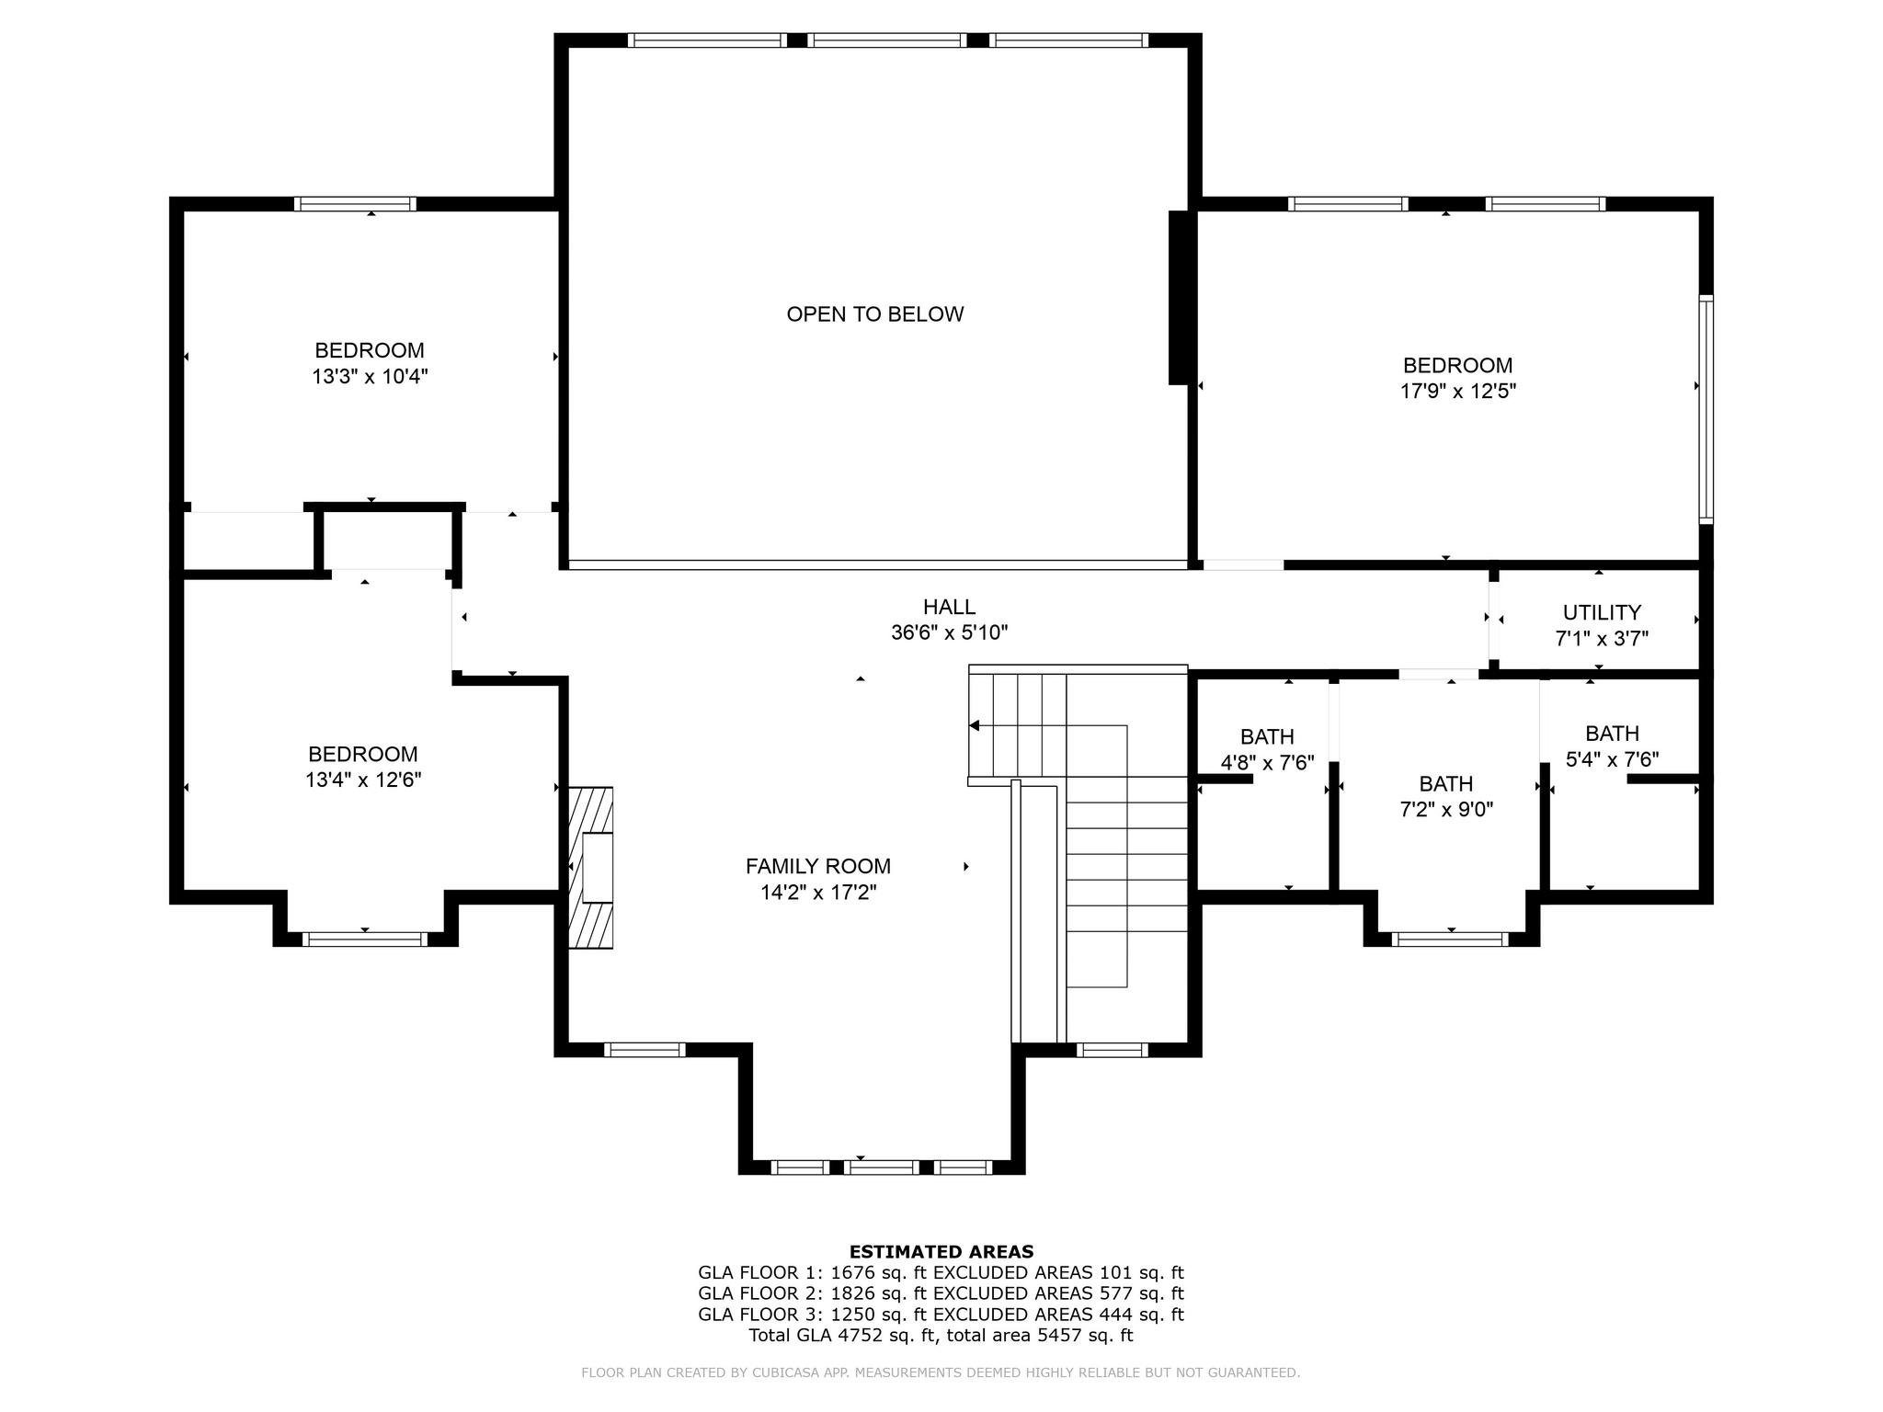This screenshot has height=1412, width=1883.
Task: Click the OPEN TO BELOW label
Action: coord(874,314)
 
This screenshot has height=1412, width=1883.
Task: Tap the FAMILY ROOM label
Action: coord(817,866)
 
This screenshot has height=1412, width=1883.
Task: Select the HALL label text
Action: coord(949,607)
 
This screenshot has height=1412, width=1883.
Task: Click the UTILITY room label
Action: coord(1602,612)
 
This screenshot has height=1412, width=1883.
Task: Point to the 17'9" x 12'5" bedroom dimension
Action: coord(1457,391)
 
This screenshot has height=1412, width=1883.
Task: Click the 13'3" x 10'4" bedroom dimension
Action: coord(370,376)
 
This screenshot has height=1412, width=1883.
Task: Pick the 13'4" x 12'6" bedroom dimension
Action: coord(363,780)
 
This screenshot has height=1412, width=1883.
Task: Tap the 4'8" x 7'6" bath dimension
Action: coord(1267,762)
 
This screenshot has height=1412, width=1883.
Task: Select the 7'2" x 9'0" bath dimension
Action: coord(1446,809)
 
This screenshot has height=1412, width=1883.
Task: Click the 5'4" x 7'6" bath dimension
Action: coord(1612,759)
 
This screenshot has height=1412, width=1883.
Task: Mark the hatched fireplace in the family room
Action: coord(590,867)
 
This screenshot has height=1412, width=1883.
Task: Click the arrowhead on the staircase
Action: coord(975,725)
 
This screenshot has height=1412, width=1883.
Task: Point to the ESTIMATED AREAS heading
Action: coord(941,1251)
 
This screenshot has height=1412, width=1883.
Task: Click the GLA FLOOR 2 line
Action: coord(941,1293)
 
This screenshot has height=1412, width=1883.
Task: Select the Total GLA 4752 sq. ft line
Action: coord(941,1335)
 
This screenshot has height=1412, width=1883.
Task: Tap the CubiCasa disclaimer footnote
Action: coord(941,1372)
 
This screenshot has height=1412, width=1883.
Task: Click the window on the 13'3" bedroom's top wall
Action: coord(355,204)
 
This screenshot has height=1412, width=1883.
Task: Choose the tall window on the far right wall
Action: coord(1706,410)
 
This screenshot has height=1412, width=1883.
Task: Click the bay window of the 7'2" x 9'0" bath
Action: coord(1450,939)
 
